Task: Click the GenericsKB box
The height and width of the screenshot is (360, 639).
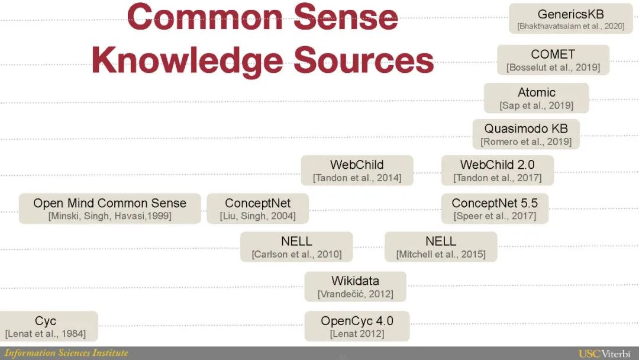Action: point(570,19)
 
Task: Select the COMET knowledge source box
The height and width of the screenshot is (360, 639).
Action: point(553,60)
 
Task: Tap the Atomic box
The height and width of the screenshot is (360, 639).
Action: point(536,98)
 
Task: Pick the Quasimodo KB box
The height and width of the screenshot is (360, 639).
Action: point(526,134)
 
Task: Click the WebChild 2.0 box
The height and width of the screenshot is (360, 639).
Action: point(497,171)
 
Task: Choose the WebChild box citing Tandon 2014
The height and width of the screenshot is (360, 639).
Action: point(357,171)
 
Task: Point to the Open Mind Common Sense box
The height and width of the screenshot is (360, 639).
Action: point(109,208)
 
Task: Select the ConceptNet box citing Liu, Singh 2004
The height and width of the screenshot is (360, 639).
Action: point(258,208)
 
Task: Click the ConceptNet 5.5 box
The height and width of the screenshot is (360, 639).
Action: point(495,208)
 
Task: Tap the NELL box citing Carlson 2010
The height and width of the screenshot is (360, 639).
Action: point(296,247)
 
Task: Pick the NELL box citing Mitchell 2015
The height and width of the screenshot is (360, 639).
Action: point(441,247)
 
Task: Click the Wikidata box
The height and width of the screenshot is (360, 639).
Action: point(355,287)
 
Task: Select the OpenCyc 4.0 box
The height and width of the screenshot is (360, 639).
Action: point(357,326)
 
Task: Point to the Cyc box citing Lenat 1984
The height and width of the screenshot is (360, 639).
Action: point(46,326)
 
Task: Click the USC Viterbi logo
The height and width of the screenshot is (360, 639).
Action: point(604,353)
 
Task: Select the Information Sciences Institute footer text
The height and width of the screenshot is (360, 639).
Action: point(66,353)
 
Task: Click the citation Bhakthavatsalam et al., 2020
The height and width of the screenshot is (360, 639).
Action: point(570,26)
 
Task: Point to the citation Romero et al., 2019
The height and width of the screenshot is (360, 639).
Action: point(526,142)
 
